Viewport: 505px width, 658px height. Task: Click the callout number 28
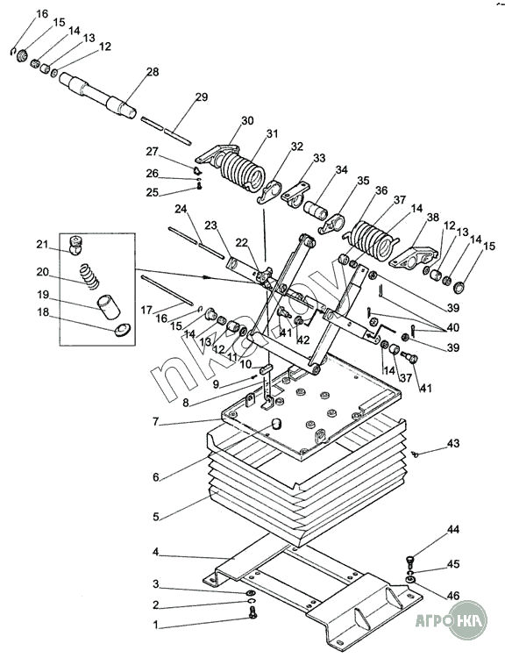(153, 72)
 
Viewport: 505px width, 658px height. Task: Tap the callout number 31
(272, 133)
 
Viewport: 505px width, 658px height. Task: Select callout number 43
(453, 443)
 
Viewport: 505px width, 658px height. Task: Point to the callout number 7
(156, 421)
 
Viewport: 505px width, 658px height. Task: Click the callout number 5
(156, 516)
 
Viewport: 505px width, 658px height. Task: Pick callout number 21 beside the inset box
(42, 244)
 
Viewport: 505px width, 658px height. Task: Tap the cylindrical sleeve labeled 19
(109, 307)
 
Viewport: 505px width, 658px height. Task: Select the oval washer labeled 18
(123, 330)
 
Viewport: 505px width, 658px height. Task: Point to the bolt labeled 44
(410, 561)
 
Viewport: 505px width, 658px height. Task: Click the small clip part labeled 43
(416, 454)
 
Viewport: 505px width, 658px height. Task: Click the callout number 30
(247, 120)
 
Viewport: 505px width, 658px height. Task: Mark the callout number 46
(453, 595)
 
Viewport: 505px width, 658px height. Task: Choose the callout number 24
(181, 208)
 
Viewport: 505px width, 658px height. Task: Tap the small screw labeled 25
(200, 185)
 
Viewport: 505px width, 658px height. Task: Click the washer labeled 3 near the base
(251, 593)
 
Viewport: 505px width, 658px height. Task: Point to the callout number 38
(433, 217)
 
